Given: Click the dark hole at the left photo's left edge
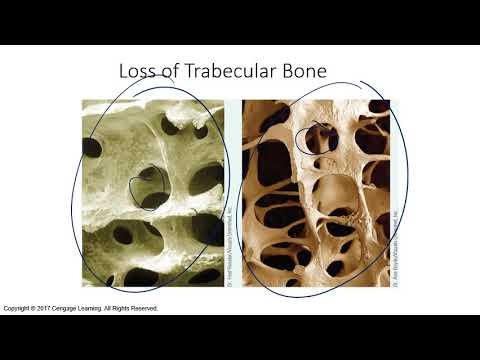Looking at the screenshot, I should [93, 149].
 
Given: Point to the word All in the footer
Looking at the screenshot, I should [135, 308].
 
